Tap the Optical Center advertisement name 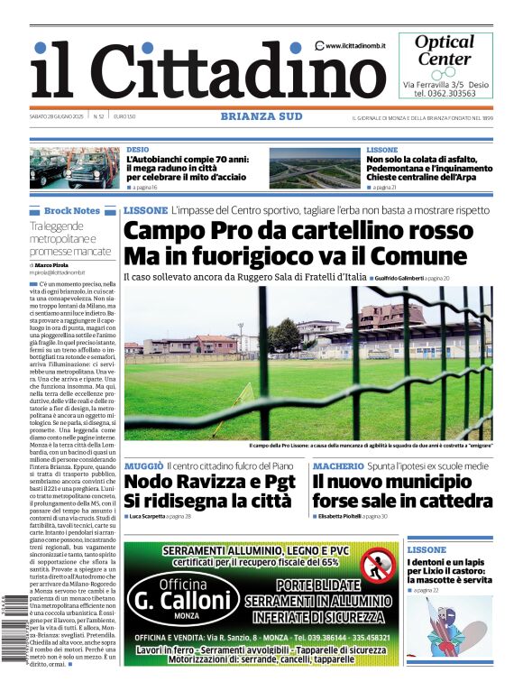point(444,51)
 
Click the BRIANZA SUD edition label point(261,116)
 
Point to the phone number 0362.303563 point(444,93)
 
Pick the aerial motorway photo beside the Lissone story point(314,168)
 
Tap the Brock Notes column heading point(71,210)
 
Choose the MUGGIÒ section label point(143,465)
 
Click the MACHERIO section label point(338,465)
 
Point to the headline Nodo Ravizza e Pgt point(209,482)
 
